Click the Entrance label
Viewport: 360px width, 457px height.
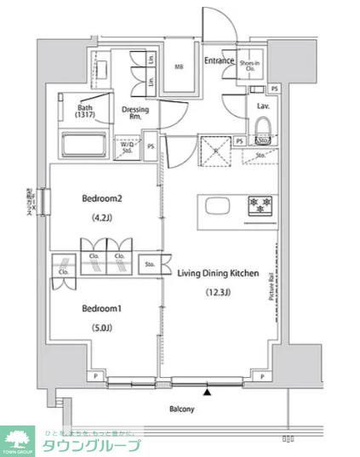coord(219,60)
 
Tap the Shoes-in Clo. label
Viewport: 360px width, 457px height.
coord(249,65)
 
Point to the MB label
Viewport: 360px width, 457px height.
coord(180,67)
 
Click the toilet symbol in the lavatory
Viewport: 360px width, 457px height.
coord(264,139)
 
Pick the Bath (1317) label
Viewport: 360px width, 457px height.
coord(86,112)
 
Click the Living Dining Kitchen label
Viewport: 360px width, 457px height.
coord(218,272)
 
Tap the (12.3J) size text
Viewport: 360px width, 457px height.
coord(218,294)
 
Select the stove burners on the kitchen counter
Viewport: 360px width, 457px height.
coord(259,205)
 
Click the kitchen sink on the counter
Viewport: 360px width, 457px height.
coord(213,206)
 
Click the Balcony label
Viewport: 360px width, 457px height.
coord(181,409)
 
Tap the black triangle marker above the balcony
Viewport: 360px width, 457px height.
coord(206,391)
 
